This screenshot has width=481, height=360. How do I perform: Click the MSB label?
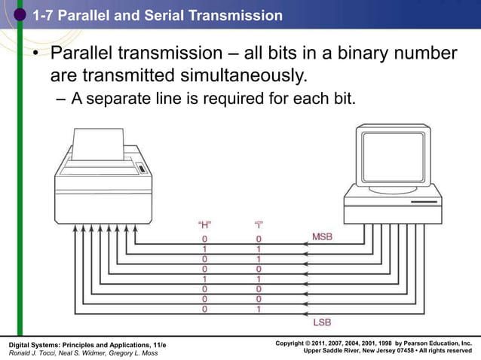pyautogui.click(x=322, y=236)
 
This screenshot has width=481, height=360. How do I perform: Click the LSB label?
pyautogui.click(x=321, y=322)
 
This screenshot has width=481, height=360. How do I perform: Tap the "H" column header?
pyautogui.click(x=204, y=224)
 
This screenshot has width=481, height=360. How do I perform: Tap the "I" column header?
pyautogui.click(x=259, y=224)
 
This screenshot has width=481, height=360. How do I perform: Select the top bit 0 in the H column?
pyautogui.click(x=204, y=239)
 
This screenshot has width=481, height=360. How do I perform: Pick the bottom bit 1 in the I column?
pyautogui.click(x=259, y=309)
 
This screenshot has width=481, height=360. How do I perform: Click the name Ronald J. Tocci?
pyautogui.click(x=34, y=353)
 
